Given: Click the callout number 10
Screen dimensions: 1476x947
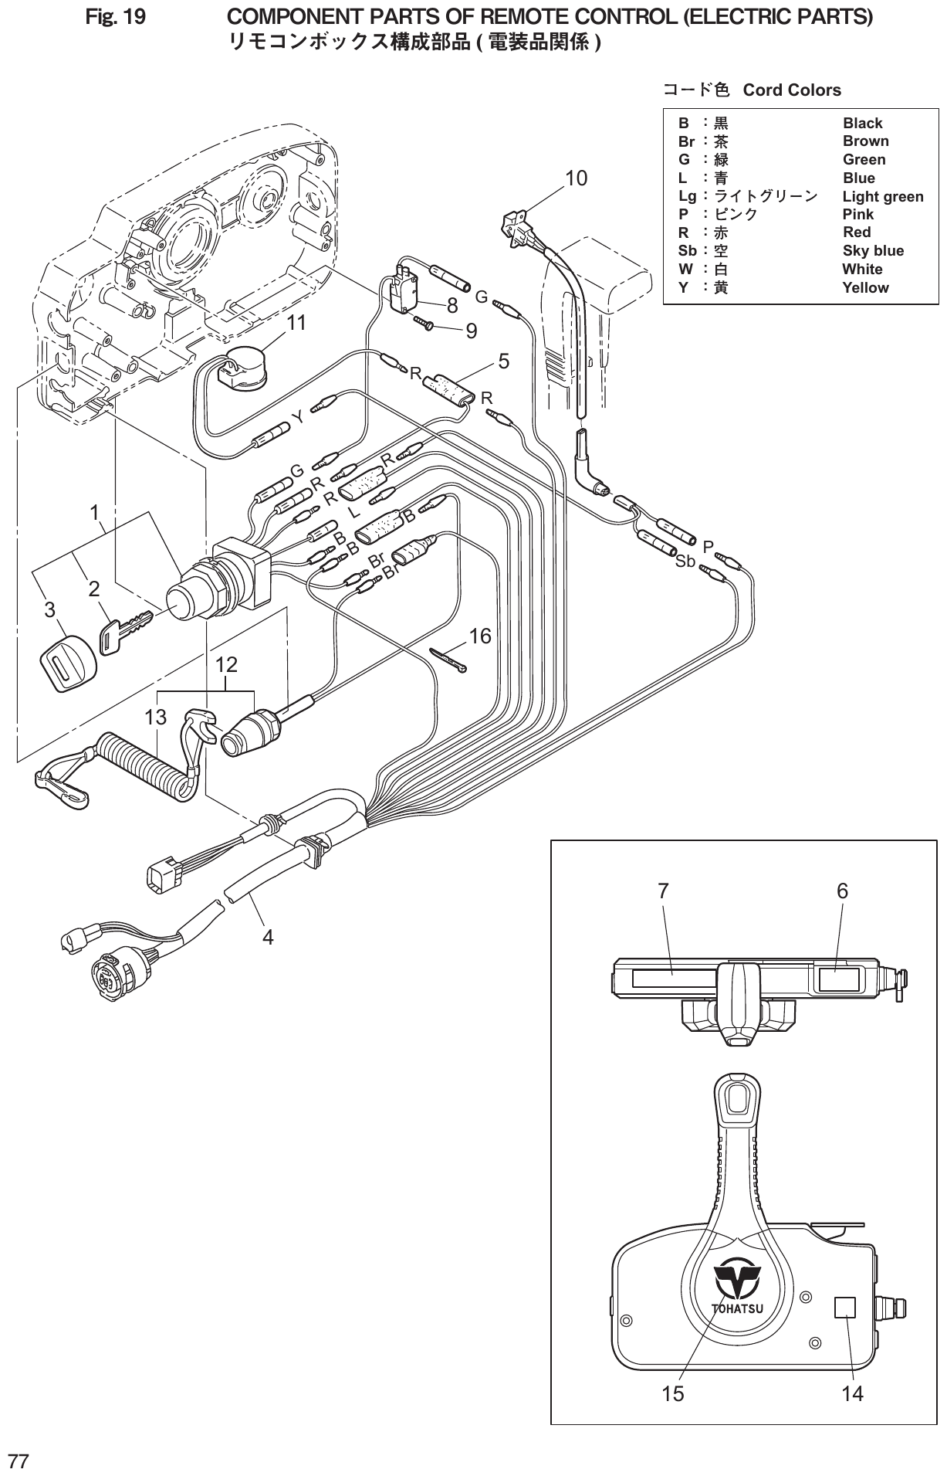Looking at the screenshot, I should coord(576,178).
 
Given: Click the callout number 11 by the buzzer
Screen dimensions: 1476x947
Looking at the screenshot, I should coord(296,324).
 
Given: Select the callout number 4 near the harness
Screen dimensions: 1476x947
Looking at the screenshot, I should coord(268,938).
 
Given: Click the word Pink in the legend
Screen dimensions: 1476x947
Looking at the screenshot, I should coord(857,215).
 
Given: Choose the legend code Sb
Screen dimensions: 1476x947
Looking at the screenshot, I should coord(687,251).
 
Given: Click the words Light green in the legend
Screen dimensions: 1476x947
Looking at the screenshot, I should coord(882,197).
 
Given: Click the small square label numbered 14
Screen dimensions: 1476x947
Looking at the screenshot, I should coord(845,1308).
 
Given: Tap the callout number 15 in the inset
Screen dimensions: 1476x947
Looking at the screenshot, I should coord(672,1393).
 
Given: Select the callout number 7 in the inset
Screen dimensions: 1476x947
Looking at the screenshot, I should coord(663,891).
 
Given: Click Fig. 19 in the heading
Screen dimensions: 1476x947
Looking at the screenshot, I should coord(115,17).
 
